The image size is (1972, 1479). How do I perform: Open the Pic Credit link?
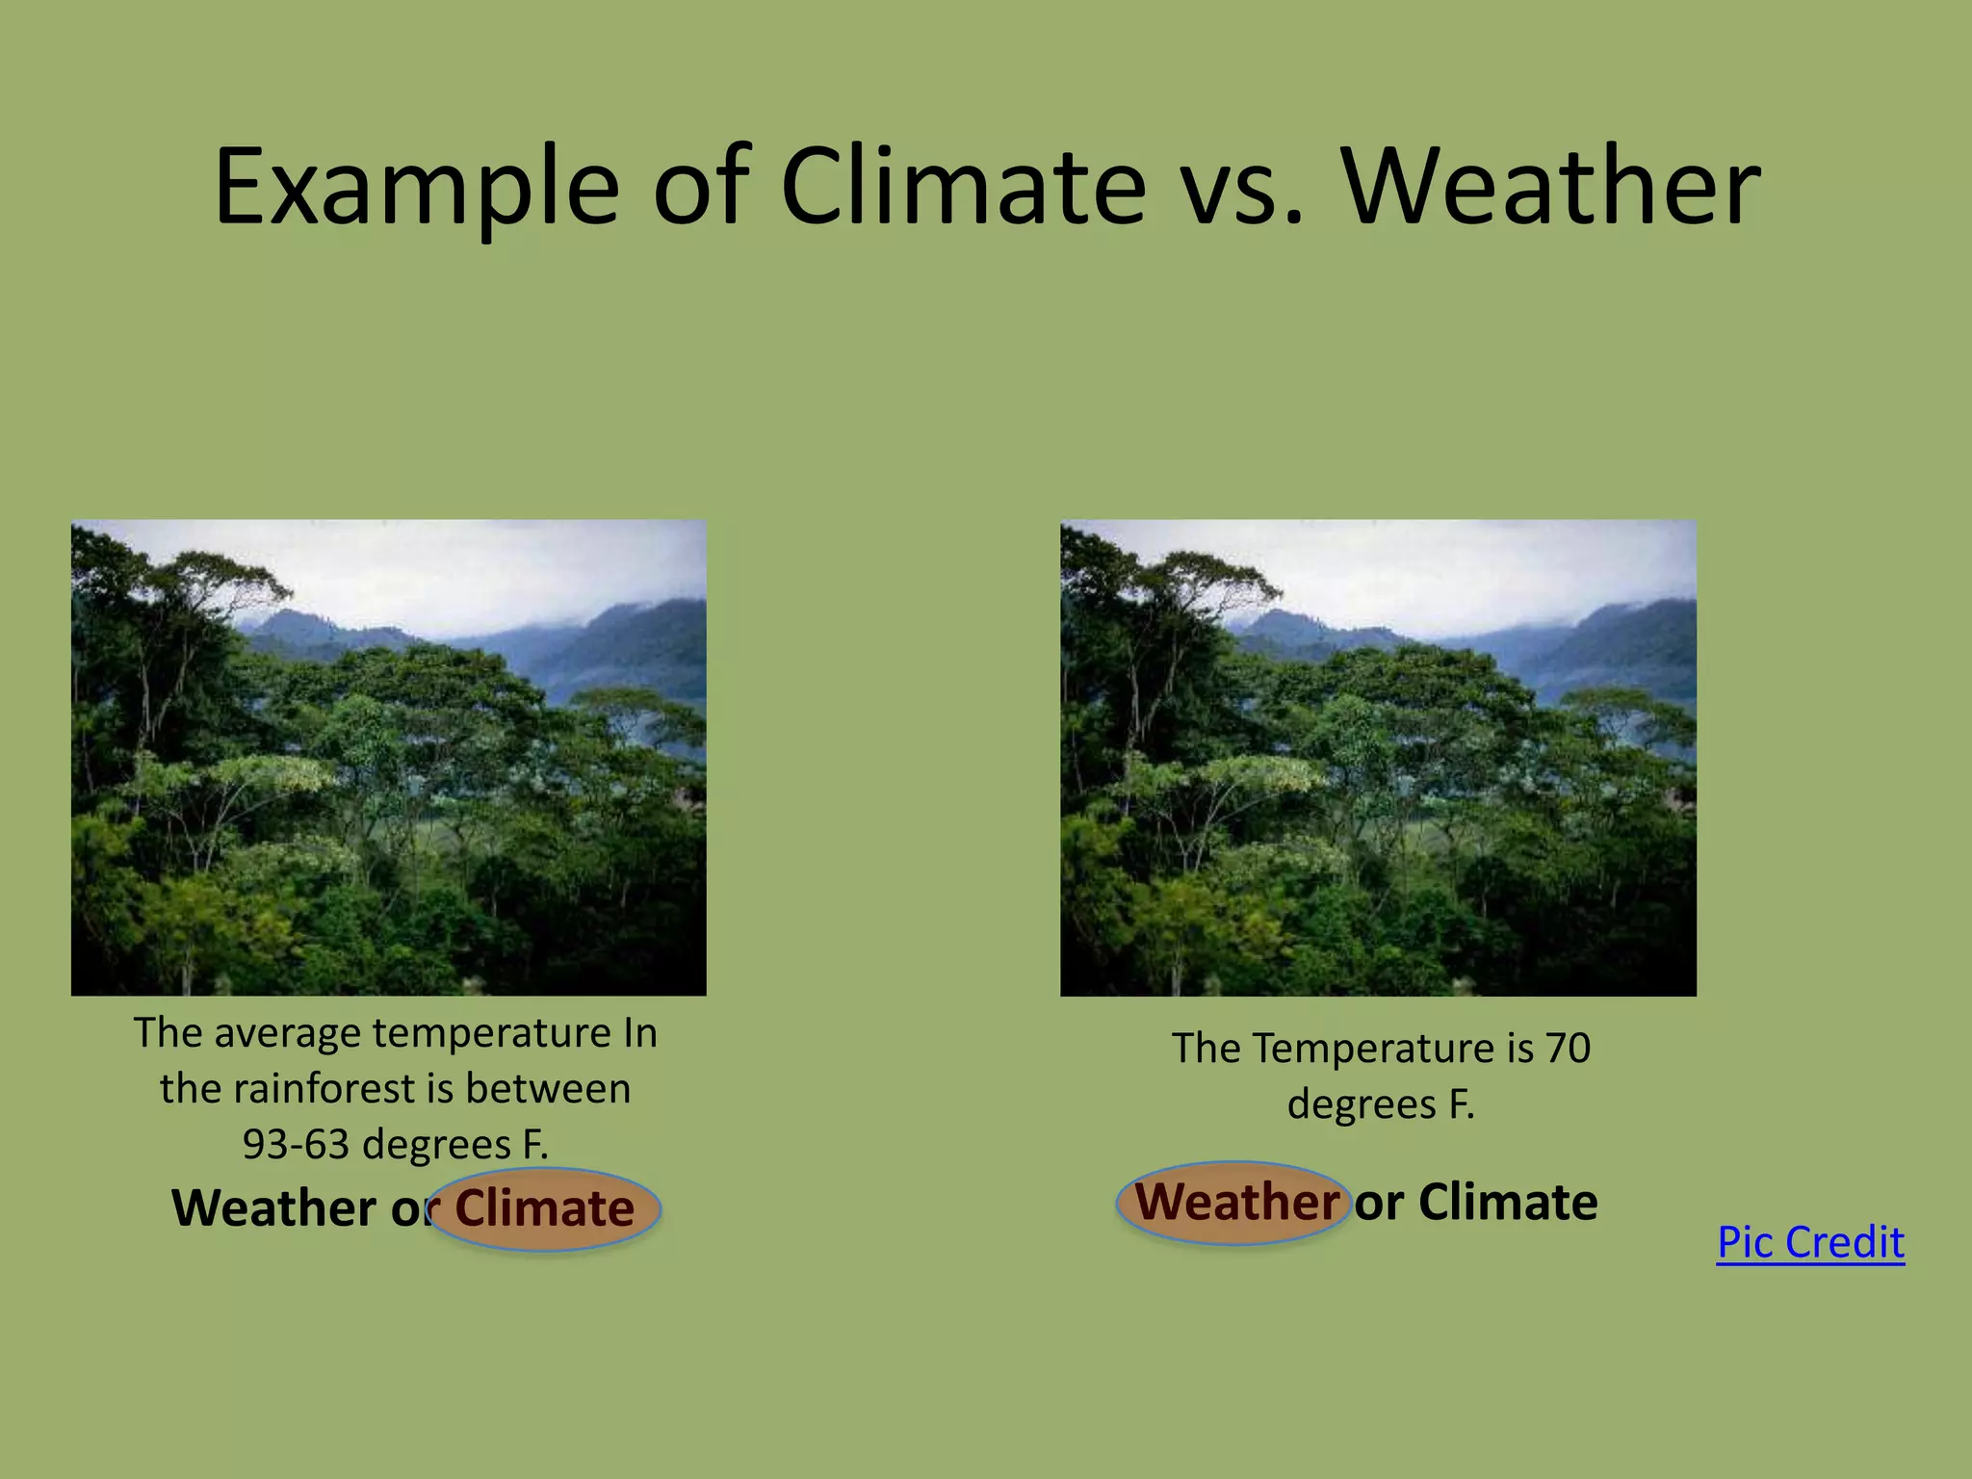(1810, 1242)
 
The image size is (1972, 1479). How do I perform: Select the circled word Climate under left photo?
(545, 1207)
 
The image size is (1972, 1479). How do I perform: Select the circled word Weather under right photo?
(1237, 1202)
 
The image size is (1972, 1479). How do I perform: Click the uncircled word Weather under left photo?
(273, 1207)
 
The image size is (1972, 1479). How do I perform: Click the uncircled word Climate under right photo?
(1508, 1202)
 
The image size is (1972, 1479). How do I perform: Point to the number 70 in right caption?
(1569, 1048)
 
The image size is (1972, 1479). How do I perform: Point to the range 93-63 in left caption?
(295, 1144)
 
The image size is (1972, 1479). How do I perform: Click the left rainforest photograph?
(388, 758)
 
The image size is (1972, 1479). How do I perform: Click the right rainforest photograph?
(1378, 758)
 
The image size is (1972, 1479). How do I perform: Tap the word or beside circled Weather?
(1379, 1203)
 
